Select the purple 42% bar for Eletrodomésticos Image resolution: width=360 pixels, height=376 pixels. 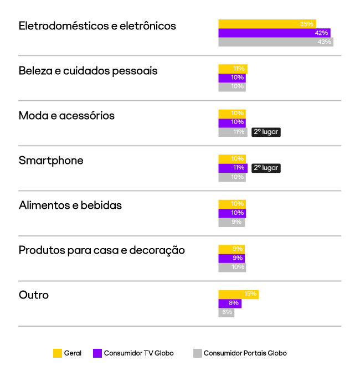tap(274, 33)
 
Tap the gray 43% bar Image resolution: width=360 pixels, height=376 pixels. tap(276, 42)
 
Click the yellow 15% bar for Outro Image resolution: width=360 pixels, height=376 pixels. tap(238, 294)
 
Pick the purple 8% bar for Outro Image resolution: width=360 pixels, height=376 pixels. tap(230, 303)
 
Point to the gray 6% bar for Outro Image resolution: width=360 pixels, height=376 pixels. tap(226, 312)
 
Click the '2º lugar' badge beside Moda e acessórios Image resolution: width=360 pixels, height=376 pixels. tap(266, 132)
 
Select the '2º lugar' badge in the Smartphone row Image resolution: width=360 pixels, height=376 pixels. tap(266, 168)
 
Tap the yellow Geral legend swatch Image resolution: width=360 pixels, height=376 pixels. tap(57, 353)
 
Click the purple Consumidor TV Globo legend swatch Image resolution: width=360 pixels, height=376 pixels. tap(97, 353)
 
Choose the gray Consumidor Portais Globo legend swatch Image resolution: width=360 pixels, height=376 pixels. tap(197, 353)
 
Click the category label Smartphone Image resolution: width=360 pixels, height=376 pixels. tap(51, 161)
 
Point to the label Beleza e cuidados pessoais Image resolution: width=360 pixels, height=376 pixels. tap(88, 71)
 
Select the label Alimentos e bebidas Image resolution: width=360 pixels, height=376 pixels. tap(70, 205)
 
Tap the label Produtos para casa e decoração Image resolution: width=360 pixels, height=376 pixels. tap(102, 250)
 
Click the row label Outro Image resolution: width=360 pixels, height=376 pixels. tap(34, 295)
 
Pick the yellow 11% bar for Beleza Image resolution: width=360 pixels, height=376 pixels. tap(233, 69)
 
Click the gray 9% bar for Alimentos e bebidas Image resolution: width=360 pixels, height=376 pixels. tap(232, 222)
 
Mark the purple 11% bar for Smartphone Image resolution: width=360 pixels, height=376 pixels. tap(232, 168)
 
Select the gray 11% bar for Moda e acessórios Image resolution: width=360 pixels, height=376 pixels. tap(233, 132)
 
